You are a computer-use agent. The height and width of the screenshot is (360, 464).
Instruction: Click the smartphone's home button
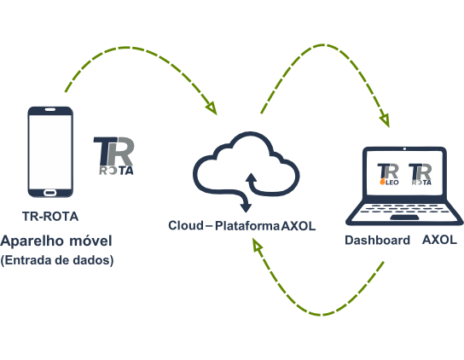pyautogui.click(x=50, y=193)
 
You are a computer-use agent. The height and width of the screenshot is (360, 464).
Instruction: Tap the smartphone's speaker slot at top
pyautogui.click(x=50, y=110)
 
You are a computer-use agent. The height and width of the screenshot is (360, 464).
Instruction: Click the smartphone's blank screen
pyautogui.click(x=50, y=152)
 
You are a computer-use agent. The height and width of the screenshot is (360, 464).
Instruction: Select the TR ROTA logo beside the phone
pyautogui.click(x=113, y=156)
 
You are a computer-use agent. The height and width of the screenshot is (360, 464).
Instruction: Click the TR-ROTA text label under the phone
pyautogui.click(x=50, y=217)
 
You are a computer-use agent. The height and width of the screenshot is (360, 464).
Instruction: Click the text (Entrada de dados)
pyautogui.click(x=57, y=260)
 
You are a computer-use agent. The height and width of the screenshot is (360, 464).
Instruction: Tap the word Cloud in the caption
pyautogui.click(x=186, y=225)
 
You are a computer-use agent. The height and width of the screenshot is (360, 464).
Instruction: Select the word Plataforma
pyautogui.click(x=247, y=226)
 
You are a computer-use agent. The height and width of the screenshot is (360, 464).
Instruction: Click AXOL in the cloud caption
pyautogui.click(x=299, y=226)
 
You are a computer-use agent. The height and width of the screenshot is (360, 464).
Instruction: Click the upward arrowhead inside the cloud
pyautogui.click(x=252, y=177)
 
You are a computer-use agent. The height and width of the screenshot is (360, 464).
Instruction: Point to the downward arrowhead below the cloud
pyautogui.click(x=246, y=208)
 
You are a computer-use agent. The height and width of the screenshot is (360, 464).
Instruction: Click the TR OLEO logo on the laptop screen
pyautogui.click(x=388, y=174)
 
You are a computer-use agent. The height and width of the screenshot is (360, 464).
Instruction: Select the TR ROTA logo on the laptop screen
pyautogui.click(x=420, y=174)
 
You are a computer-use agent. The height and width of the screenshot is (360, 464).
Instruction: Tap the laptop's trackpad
pyautogui.click(x=404, y=218)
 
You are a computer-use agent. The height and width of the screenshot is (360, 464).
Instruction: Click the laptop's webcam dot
pyautogui.click(x=404, y=148)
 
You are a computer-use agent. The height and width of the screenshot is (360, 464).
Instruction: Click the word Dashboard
pyautogui.click(x=377, y=240)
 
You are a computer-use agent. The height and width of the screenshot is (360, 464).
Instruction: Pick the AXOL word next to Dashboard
pyautogui.click(x=440, y=240)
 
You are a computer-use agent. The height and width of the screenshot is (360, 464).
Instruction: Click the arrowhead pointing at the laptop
pyautogui.click(x=385, y=121)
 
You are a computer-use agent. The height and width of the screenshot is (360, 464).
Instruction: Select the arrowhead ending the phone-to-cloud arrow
pyautogui.click(x=212, y=108)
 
